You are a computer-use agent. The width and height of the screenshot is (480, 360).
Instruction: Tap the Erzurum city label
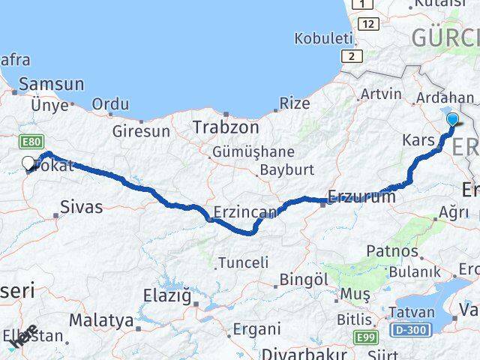click(361, 197)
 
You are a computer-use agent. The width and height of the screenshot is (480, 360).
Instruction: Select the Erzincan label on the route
click(244, 213)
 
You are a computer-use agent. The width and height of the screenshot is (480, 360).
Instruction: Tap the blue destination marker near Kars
click(452, 119)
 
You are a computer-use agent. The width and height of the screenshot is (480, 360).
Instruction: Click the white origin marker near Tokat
click(28, 162)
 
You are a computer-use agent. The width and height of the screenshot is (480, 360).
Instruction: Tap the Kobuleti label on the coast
click(323, 37)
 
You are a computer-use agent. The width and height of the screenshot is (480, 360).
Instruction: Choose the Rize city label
click(294, 103)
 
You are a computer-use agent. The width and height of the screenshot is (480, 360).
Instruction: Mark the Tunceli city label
click(242, 262)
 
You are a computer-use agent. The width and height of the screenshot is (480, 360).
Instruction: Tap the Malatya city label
click(101, 320)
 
